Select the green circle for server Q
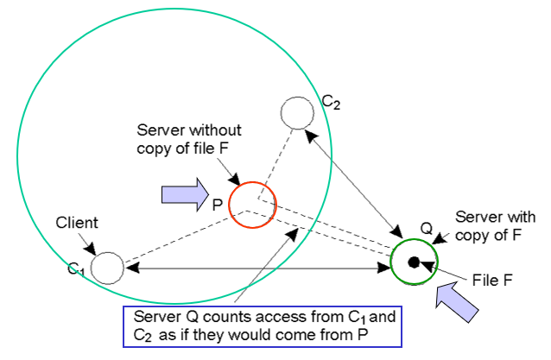click(415, 261)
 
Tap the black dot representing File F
click(415, 262)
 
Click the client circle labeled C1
click(107, 268)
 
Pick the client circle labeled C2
click(298, 112)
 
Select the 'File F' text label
click(494, 278)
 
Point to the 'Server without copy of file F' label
click(191, 139)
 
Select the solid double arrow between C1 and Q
click(259, 269)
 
